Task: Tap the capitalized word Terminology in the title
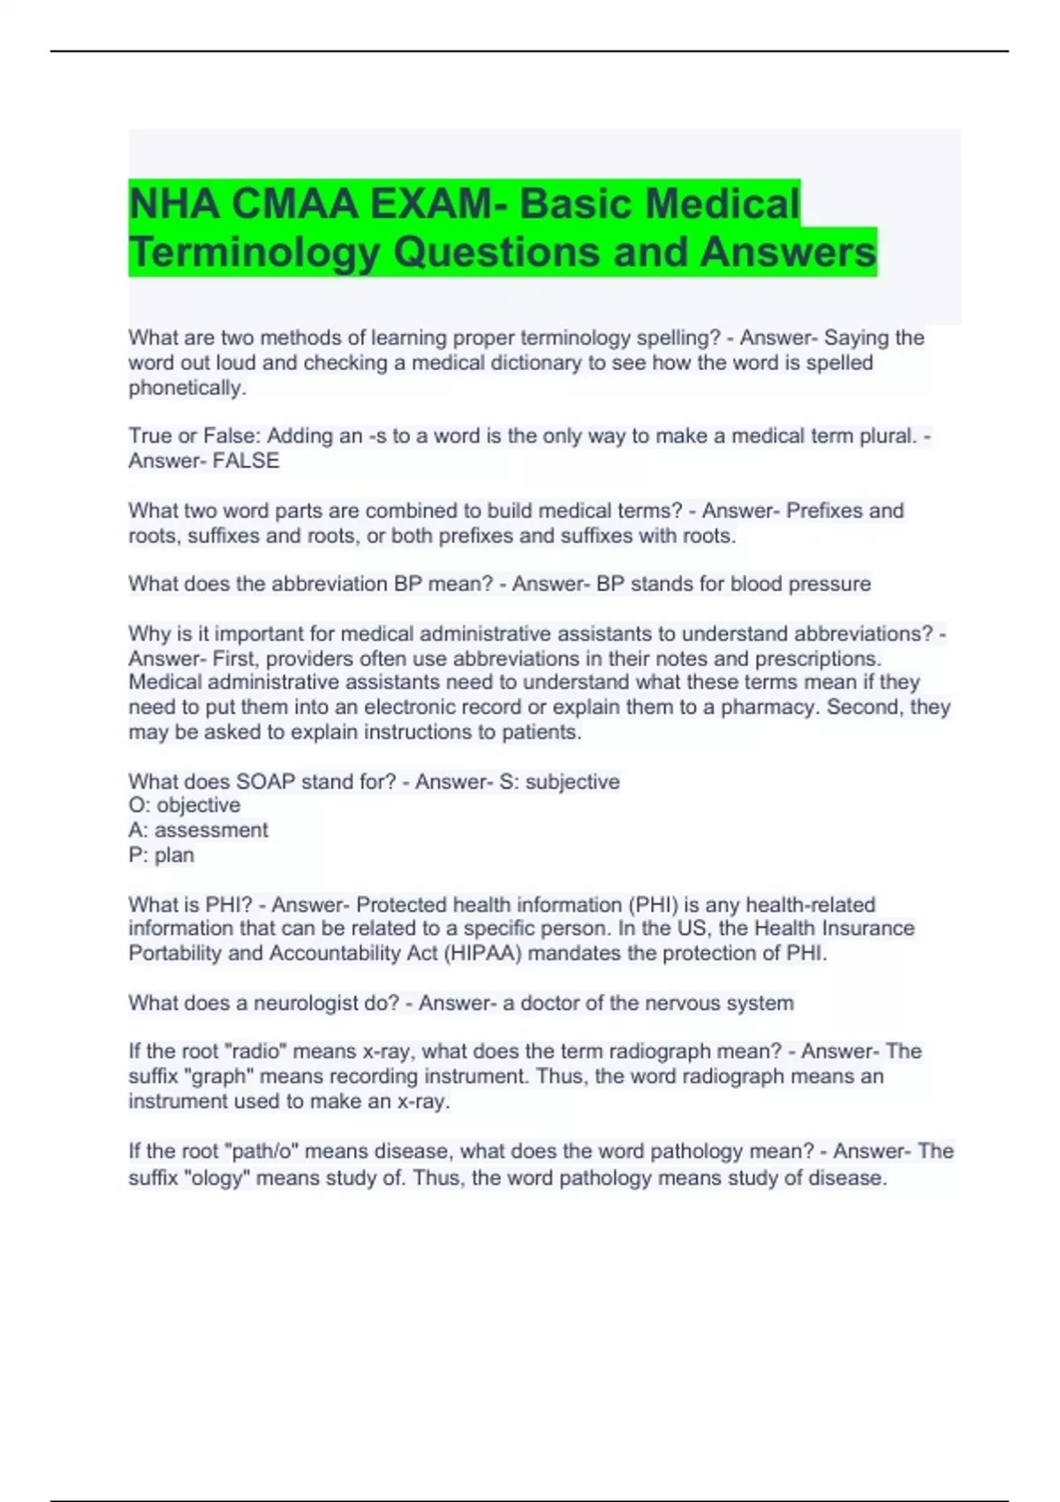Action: click(x=254, y=252)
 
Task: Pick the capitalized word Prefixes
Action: click(x=824, y=511)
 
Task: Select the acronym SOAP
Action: click(x=265, y=782)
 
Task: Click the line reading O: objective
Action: click(x=184, y=805)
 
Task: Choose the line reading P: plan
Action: click(x=161, y=854)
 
